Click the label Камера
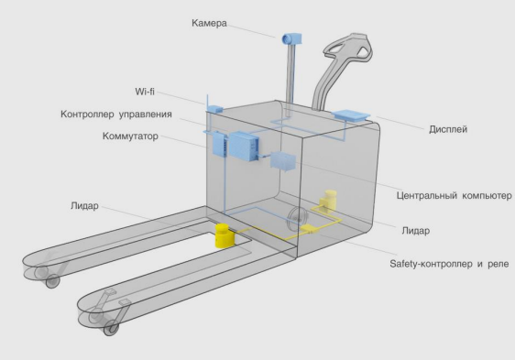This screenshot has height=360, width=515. [209, 23]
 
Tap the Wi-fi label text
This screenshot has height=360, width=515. [145, 92]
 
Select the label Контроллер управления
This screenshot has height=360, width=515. [116, 115]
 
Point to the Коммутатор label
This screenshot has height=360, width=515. [130, 136]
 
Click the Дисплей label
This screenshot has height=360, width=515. [448, 129]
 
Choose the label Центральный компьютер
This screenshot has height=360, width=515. [454, 195]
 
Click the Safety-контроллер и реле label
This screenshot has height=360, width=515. [449, 264]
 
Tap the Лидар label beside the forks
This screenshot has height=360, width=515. [84, 206]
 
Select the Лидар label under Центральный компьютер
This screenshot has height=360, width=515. [415, 231]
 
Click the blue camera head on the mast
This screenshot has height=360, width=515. [292, 38]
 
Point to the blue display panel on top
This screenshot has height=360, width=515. [351, 115]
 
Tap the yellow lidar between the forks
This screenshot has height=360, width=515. [225, 235]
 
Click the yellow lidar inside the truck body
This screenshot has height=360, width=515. [328, 200]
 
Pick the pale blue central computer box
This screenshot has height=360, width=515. [283, 161]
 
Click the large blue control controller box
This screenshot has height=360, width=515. [244, 146]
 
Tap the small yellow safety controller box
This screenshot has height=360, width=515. [308, 229]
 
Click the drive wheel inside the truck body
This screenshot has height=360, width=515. [297, 219]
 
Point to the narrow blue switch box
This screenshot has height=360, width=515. [219, 144]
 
